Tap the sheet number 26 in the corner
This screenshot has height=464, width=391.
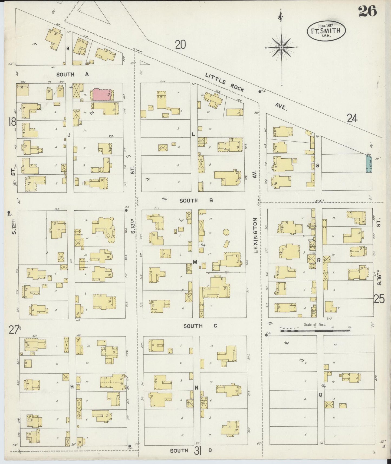coord(367,11)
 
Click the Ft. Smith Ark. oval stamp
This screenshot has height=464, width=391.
coord(326,31)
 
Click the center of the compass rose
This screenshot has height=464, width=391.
coord(281,47)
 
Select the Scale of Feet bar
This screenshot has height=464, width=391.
coord(315,331)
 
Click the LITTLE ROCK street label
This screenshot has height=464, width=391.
coord(225,83)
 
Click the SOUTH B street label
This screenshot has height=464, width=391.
coord(196,201)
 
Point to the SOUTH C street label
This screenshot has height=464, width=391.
coord(200,326)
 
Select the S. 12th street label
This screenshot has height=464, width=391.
coord(14,227)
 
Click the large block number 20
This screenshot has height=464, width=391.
coord(180,45)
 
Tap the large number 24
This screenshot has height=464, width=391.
coord(352,118)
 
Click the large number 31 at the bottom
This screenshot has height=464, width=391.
coord(198,451)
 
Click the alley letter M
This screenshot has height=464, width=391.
coord(195,262)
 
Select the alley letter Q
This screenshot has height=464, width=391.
coord(320,395)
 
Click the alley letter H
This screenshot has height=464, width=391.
coord(72,387)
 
